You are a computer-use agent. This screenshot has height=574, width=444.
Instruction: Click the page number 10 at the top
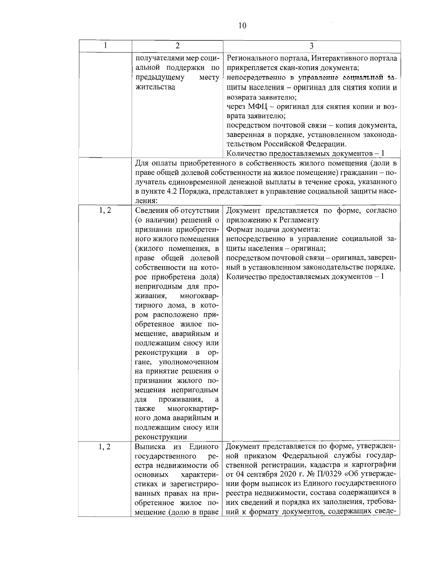coord(242,26)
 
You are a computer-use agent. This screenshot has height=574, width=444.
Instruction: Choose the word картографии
coord(376,464)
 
